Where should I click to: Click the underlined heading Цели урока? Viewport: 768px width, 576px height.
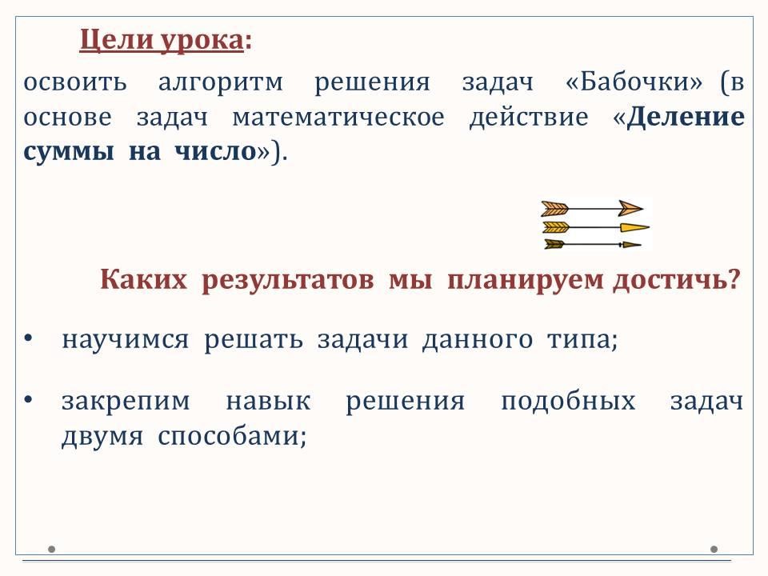[162, 40]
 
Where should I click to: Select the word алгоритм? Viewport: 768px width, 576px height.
[221, 82]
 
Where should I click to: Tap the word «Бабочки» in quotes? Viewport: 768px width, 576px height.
[634, 82]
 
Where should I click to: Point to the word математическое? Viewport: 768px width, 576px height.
[338, 118]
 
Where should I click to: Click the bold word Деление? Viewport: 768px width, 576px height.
[686, 117]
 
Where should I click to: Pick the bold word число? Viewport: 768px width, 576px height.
[215, 152]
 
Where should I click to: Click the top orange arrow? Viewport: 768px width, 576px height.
[592, 209]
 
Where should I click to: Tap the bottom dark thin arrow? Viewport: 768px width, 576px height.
[593, 244]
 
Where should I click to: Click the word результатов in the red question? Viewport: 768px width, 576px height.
[288, 281]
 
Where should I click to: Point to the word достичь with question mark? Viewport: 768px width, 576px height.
[677, 280]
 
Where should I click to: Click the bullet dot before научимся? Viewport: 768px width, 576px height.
[28, 338]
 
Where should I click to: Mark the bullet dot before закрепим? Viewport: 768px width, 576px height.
[28, 400]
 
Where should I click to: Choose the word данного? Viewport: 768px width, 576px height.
[477, 340]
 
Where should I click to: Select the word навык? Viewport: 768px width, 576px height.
[268, 401]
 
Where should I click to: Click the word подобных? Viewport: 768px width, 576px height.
[568, 401]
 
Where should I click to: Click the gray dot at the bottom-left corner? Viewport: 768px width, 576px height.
[51, 549]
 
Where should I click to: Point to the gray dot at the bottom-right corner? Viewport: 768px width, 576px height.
[714, 549]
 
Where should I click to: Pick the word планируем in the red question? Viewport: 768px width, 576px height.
[526, 281]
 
